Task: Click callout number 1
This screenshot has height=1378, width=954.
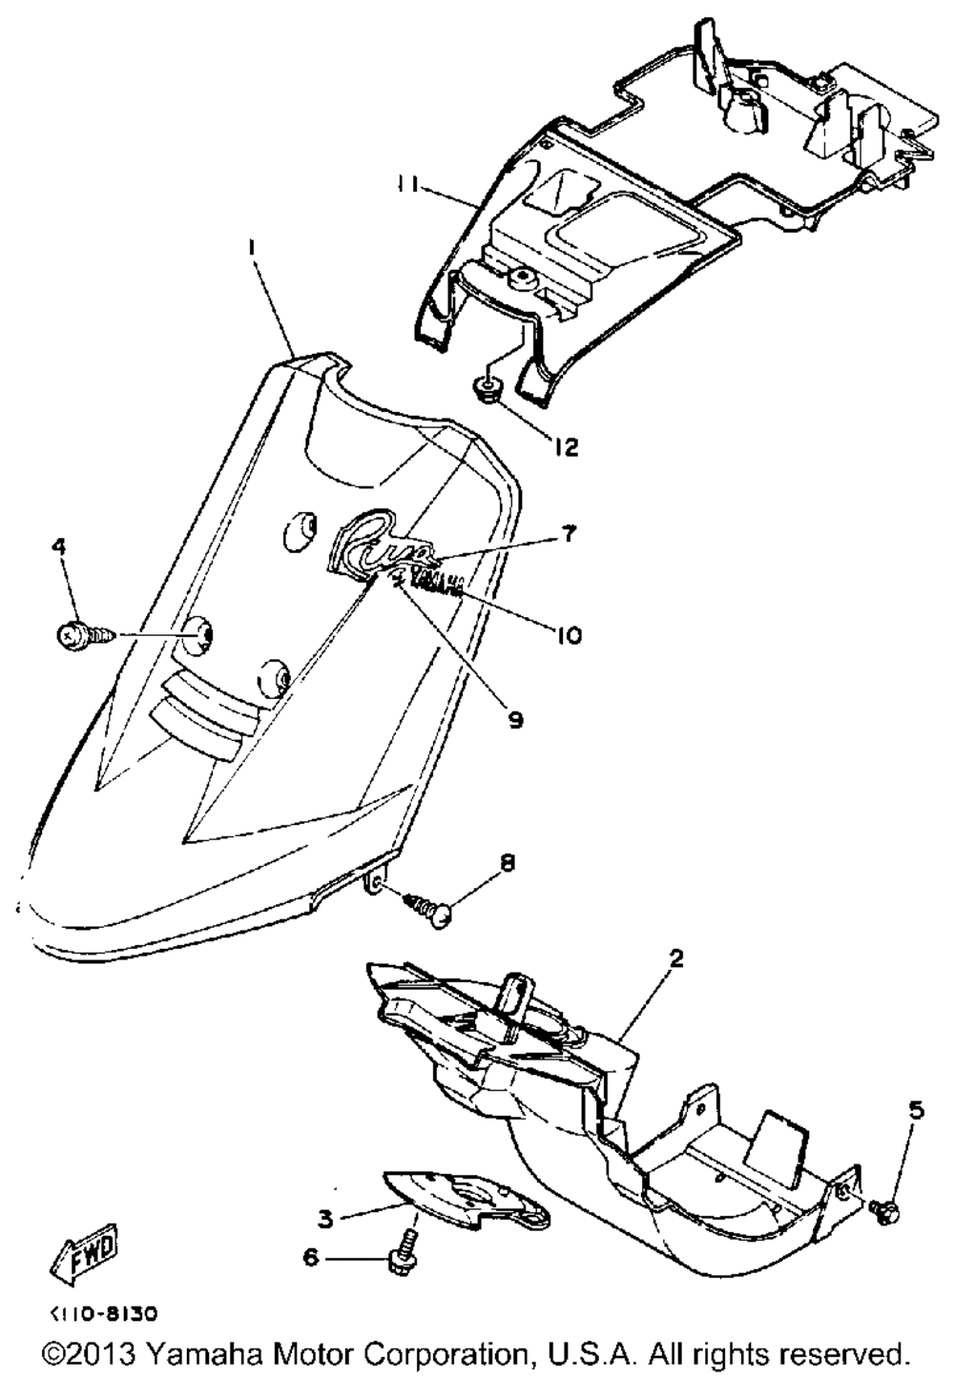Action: (x=252, y=246)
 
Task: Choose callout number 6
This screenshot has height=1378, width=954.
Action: (x=311, y=1259)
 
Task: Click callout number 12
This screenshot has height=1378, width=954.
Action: (x=567, y=446)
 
